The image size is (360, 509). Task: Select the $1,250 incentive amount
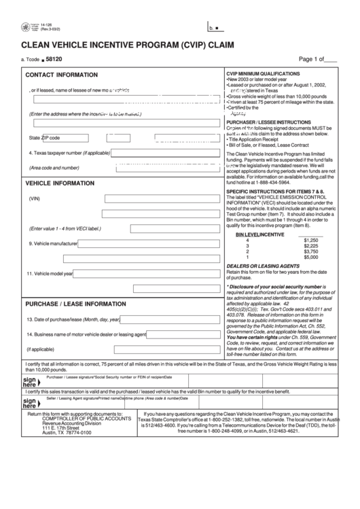click(x=310, y=241)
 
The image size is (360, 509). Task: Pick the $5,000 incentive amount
click(x=310, y=257)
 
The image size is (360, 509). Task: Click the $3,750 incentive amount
click(x=310, y=251)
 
